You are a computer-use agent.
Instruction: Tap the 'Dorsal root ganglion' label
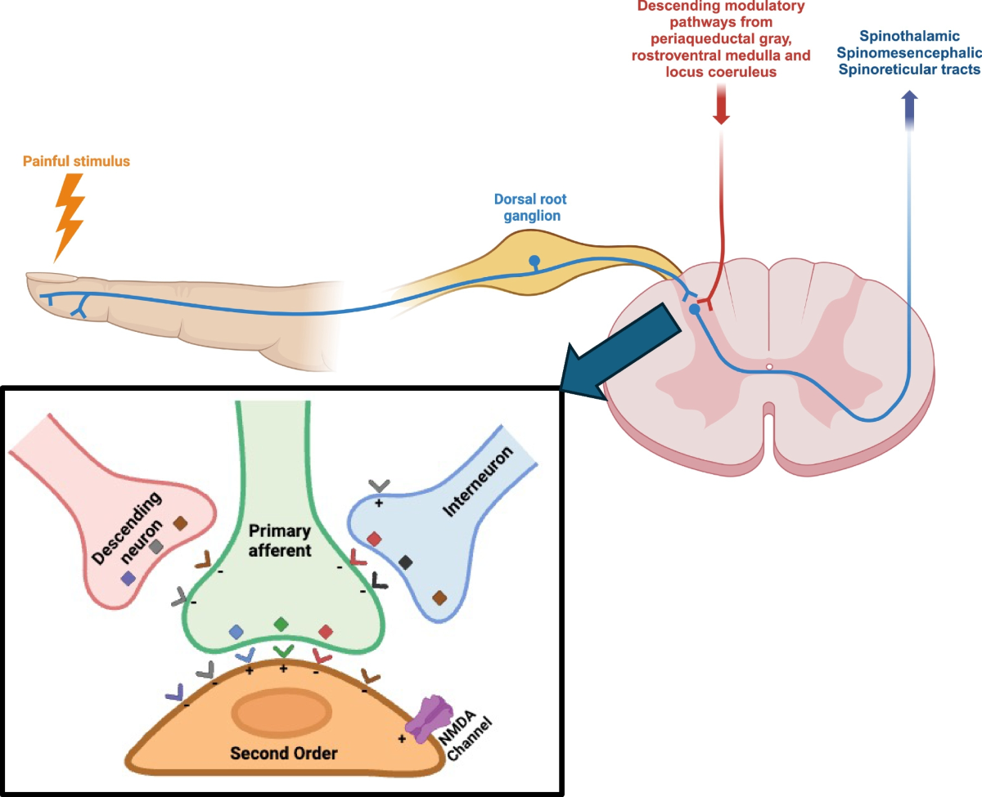(x=530, y=207)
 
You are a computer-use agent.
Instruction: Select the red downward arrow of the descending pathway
(x=721, y=105)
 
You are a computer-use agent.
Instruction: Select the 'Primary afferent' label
(x=280, y=540)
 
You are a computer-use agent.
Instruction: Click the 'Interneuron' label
(x=482, y=486)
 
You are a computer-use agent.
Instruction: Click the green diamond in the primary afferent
(x=281, y=624)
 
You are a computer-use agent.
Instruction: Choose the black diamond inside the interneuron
(x=405, y=562)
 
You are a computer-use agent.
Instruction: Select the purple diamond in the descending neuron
(x=128, y=578)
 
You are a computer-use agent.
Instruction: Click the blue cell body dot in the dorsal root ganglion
(x=534, y=262)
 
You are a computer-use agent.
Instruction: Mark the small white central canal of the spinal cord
(x=769, y=367)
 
